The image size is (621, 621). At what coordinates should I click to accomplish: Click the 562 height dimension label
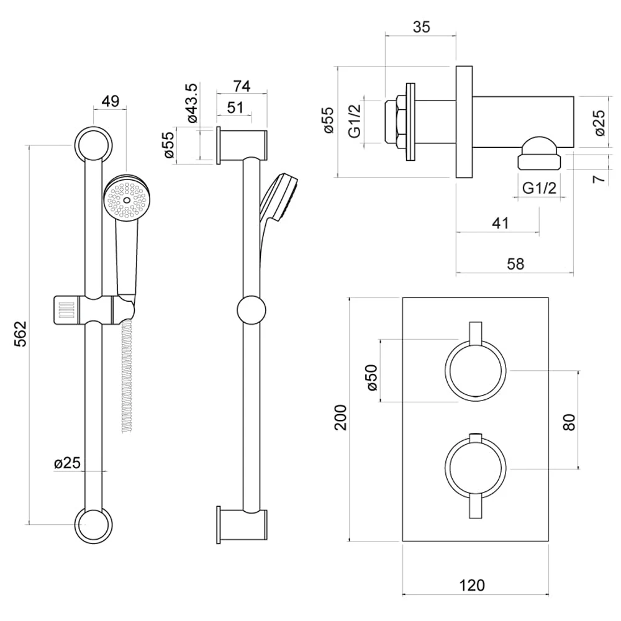20,333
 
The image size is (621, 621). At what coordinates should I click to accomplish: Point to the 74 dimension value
241,86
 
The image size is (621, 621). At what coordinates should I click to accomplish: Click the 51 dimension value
234,107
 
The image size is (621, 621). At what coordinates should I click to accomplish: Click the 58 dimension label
514,263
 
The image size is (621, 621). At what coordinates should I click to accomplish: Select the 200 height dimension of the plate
340,418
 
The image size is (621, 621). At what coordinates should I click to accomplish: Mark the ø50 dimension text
372,377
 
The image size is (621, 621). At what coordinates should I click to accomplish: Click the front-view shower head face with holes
127,199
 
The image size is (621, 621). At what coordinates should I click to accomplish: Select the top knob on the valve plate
476,370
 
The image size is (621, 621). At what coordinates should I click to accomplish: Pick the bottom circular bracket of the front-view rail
94,525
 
